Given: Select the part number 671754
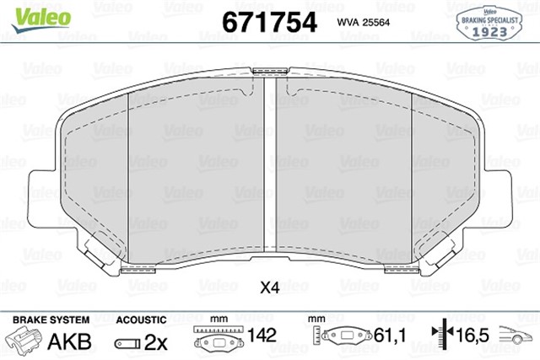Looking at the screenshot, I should pos(268,21).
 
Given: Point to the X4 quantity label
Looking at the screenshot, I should pos(269,288).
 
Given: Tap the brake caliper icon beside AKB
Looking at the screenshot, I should pos(25,341).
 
